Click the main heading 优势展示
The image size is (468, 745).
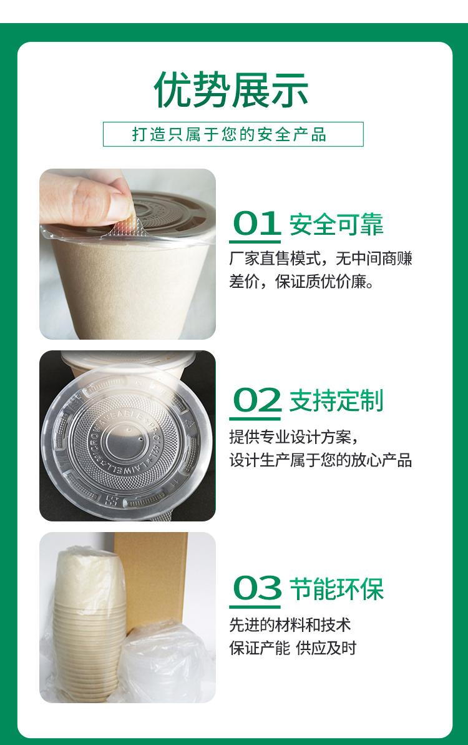(231, 90)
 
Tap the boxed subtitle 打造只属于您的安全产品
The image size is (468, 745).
(229, 134)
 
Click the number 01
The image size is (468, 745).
(256, 224)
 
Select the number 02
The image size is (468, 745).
(257, 400)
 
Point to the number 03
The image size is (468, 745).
(257, 588)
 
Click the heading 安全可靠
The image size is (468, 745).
(336, 224)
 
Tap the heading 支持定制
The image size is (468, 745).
(336, 400)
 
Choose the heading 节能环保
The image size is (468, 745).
(336, 589)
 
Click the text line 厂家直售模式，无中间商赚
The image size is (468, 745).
(321, 259)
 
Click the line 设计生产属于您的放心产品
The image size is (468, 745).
(320, 460)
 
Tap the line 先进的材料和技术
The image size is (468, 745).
(290, 625)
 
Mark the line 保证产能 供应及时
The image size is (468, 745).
(293, 648)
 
